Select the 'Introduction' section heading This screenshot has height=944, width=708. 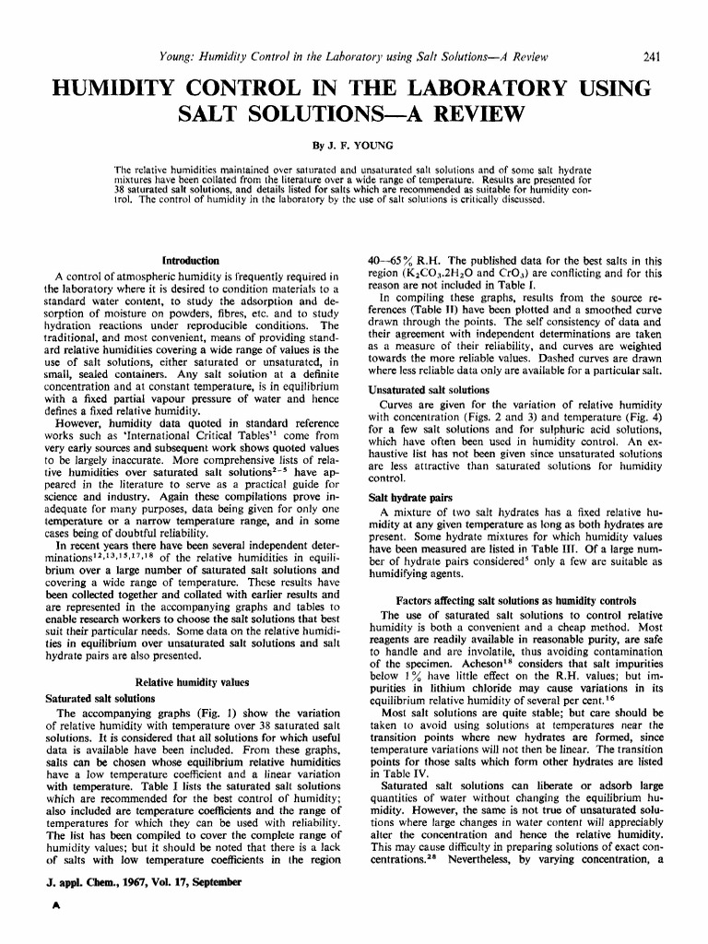tap(190, 261)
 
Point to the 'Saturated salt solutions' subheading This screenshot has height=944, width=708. tap(100, 698)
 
